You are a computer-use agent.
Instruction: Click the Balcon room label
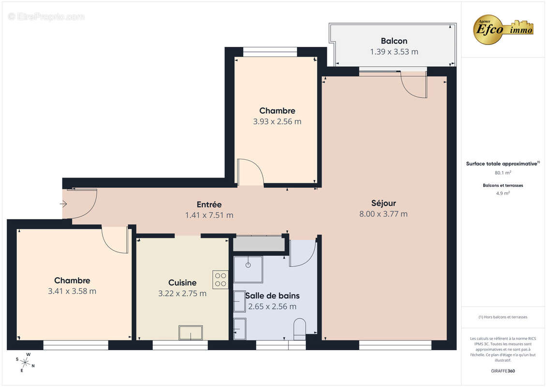(x=394, y=41)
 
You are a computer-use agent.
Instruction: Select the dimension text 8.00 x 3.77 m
(x=384, y=214)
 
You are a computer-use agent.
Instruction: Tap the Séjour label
(x=384, y=203)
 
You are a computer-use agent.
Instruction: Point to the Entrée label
(x=209, y=205)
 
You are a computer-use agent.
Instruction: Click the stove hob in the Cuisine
(x=221, y=280)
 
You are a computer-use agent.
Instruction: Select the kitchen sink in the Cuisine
(x=191, y=333)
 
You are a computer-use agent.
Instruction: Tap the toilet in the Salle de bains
(x=300, y=328)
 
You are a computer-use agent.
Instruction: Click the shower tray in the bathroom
(x=248, y=269)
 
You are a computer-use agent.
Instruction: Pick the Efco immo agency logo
(x=503, y=29)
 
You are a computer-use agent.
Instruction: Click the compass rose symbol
(x=25, y=362)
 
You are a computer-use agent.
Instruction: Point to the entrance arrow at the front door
(x=63, y=204)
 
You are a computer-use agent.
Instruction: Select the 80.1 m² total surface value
(x=503, y=172)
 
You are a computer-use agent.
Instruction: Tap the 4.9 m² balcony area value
(x=503, y=193)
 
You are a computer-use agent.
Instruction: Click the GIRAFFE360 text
(x=503, y=372)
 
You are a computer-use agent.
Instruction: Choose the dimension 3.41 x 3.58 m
(x=72, y=291)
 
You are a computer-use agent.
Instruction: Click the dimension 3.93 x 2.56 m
(x=277, y=121)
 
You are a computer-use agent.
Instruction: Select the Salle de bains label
(x=272, y=296)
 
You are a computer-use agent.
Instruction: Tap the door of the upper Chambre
(x=251, y=173)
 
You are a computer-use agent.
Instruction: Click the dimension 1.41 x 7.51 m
(x=209, y=215)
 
